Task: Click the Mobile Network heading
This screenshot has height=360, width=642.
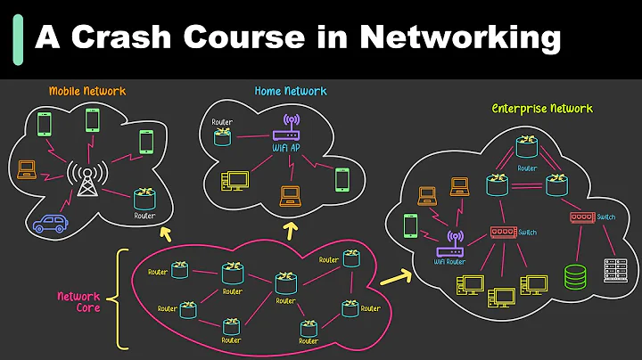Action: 86,91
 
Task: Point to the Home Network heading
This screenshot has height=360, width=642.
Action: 290,91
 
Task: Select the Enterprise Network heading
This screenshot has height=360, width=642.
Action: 542,109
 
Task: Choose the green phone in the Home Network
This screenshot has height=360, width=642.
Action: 342,179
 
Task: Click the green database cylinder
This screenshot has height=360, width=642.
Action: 573,277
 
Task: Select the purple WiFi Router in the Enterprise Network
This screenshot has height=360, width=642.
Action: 454,243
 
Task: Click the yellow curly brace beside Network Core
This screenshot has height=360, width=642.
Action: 122,297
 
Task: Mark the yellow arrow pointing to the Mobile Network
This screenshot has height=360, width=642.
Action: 165,234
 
